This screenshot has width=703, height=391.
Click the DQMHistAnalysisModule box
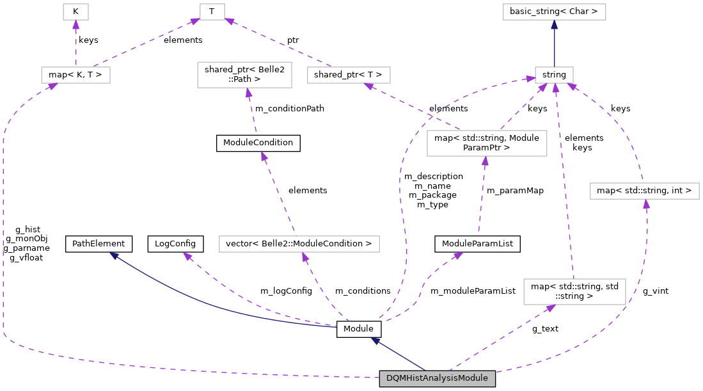tap(437, 378)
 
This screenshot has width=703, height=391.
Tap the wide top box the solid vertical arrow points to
tap(554, 12)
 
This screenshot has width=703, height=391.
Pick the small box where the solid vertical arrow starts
tap(554, 75)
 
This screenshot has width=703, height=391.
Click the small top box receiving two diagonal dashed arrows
tap(212, 12)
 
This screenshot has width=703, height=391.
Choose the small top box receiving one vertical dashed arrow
tap(75, 12)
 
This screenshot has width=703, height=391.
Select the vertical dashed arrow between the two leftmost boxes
tap(75, 44)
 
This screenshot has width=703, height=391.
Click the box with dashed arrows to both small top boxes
tap(75, 75)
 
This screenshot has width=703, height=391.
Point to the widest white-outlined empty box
tap(299, 244)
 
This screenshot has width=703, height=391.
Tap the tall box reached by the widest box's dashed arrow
tap(244, 75)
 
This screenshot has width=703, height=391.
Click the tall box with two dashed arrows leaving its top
tap(486, 143)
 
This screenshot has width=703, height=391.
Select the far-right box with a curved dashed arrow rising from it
tap(644, 191)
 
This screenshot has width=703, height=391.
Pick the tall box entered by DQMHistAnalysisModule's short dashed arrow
tap(574, 291)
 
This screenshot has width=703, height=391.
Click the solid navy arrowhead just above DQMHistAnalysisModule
tap(375, 341)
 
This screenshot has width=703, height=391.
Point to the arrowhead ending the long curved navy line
tap(114, 255)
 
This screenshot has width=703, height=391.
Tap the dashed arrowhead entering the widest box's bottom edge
tap(305, 257)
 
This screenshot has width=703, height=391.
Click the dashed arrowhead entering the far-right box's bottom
tap(646, 205)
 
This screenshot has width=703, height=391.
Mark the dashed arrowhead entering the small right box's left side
tap(530, 79)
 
